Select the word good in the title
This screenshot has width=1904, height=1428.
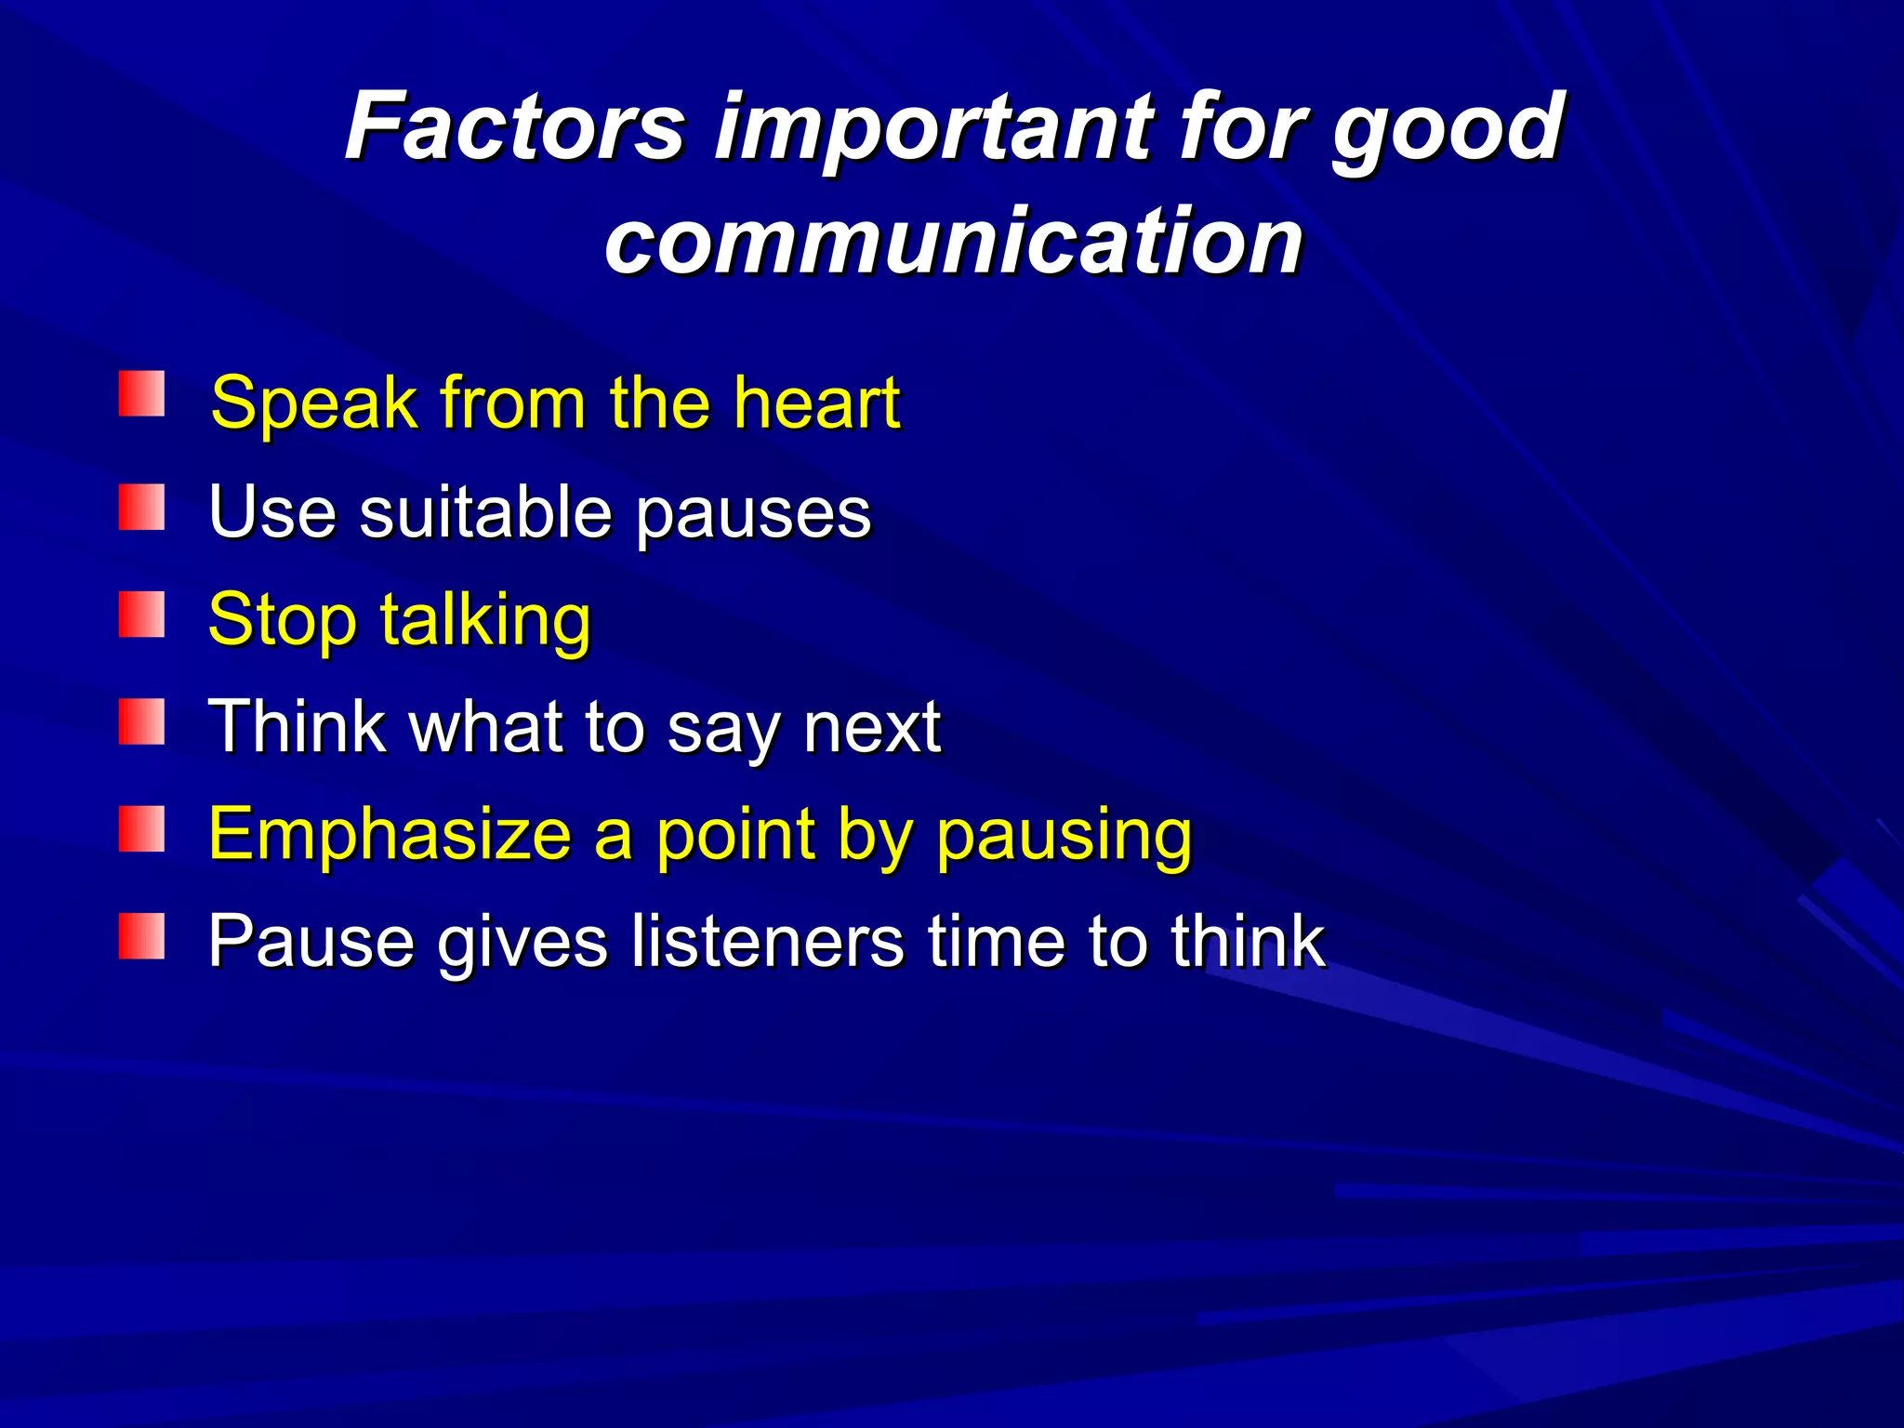1448,130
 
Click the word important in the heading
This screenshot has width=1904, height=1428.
932,130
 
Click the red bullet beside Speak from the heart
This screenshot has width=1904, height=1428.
141,394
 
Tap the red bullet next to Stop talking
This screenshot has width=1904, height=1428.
141,615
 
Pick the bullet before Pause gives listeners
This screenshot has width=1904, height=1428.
141,936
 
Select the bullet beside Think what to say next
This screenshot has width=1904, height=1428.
141,722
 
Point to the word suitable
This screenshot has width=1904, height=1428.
485,512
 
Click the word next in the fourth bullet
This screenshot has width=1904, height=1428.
872,727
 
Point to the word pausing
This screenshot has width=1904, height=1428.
1064,838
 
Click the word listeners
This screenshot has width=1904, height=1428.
767,941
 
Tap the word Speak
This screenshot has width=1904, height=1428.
314,404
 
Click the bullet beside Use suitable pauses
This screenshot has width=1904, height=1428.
141,507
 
